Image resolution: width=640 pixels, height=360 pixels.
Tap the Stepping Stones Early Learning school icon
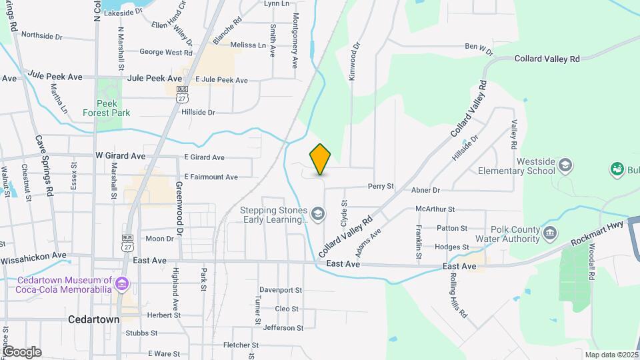pos(318,214)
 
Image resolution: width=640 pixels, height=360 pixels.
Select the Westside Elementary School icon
pos(565,165)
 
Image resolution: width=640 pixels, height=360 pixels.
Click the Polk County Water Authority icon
pos(550,233)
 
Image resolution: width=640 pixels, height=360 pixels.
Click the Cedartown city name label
pos(94,319)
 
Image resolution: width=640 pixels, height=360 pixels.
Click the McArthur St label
pos(434,209)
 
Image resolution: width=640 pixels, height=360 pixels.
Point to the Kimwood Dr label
pos(355,62)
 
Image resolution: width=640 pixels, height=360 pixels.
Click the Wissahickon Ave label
pos(33,255)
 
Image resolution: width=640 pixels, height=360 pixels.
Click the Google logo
pos(21,352)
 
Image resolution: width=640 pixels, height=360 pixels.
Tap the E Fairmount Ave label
pos(211,177)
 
